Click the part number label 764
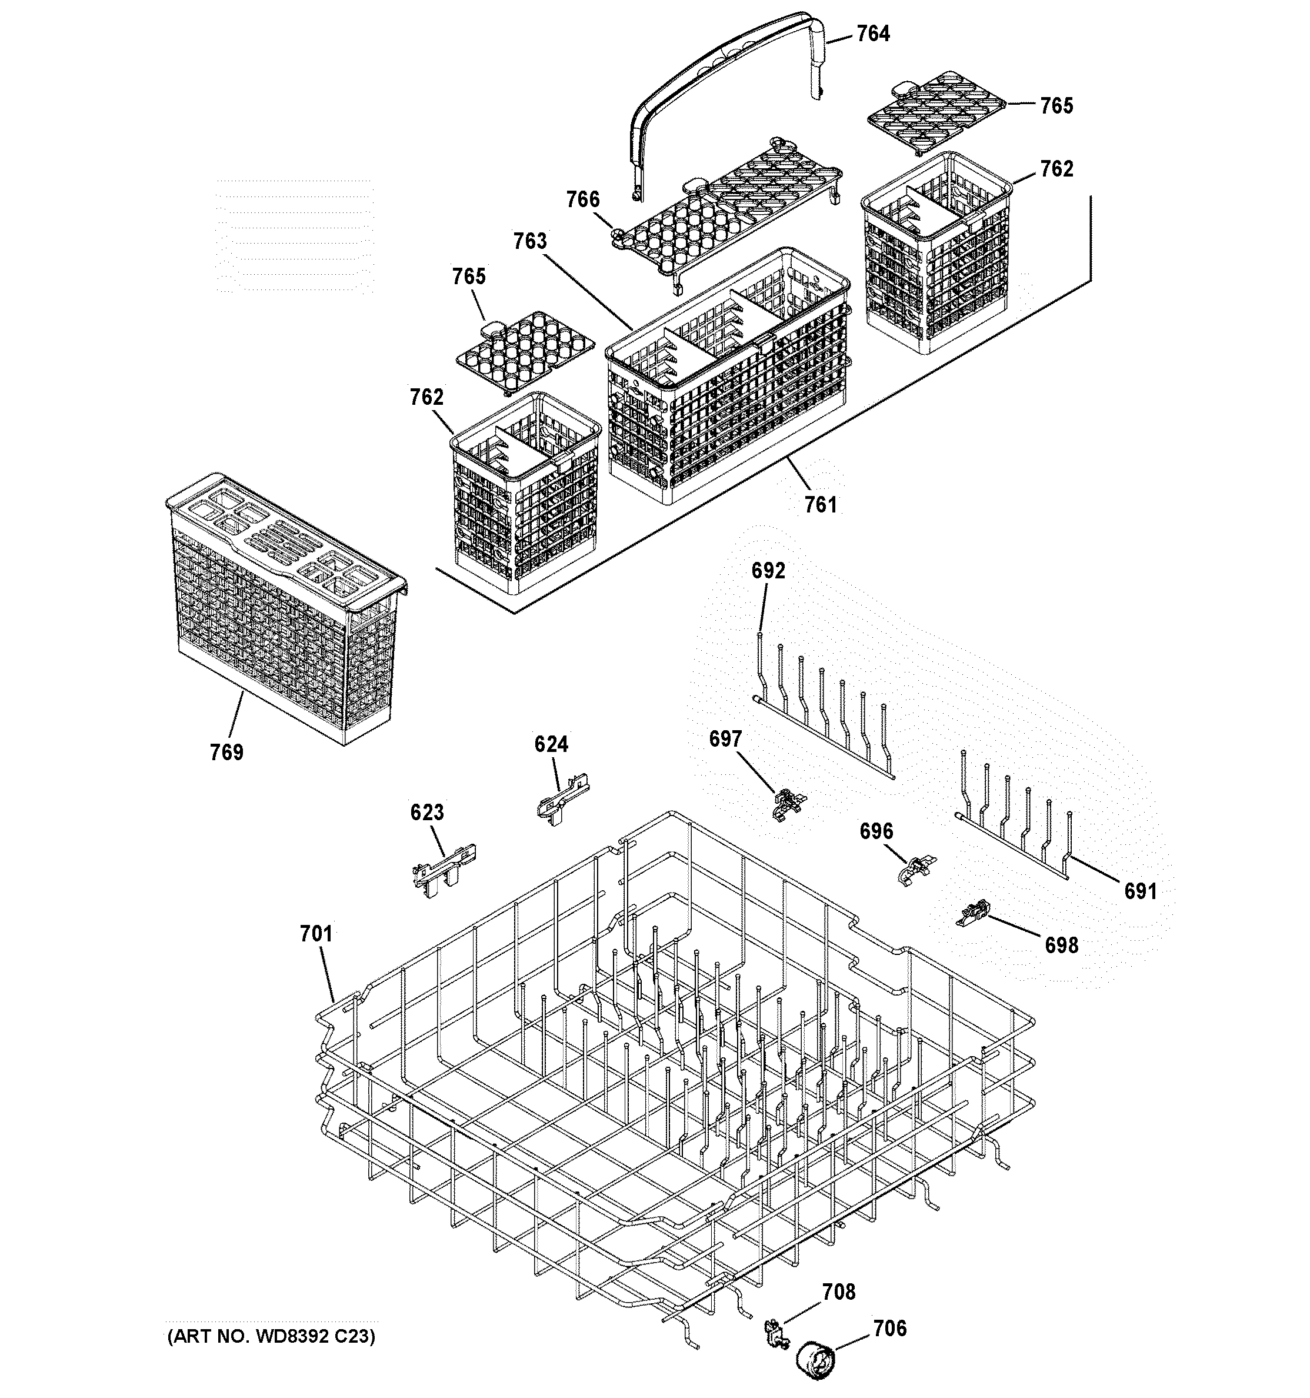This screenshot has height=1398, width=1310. pos(872,34)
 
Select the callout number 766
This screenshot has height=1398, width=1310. pos(583,199)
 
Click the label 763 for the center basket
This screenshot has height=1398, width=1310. pos(529,241)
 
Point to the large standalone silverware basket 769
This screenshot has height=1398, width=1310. pos(281,612)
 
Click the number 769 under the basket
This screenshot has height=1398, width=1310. pos(226,753)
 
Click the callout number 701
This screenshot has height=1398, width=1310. pos(316,934)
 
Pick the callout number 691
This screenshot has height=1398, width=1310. pos(1140,891)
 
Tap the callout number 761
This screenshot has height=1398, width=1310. pos(821,504)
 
